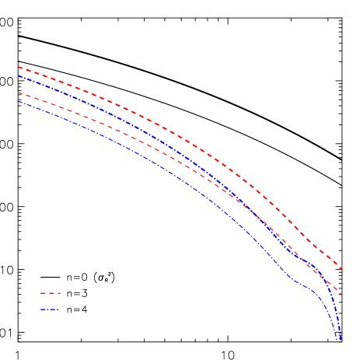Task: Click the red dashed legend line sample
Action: [50, 293]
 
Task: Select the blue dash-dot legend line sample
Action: [49, 309]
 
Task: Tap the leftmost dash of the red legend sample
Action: [43, 293]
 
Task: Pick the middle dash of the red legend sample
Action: [50, 293]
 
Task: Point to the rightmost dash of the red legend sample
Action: [58, 293]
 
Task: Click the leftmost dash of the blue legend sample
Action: [44, 309]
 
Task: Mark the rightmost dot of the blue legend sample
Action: [58, 309]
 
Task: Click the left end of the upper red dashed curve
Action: [18, 67]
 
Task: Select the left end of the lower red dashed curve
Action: [18, 93]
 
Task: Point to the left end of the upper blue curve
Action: [18, 75]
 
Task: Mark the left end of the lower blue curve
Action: [18, 101]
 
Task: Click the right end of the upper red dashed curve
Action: [342, 270]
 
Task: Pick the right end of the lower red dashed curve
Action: [342, 295]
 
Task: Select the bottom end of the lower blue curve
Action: [337, 340]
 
